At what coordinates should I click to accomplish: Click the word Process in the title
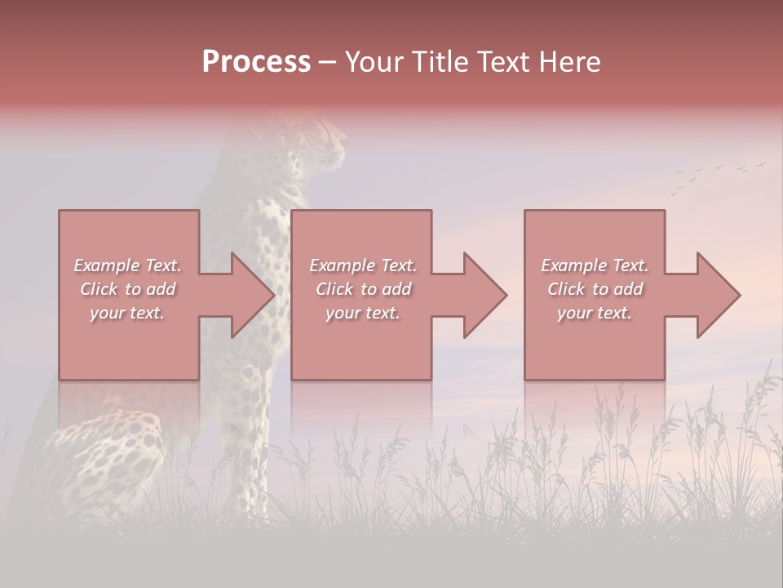256,62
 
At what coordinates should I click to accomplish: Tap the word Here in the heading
568,62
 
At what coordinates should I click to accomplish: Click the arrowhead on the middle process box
484,295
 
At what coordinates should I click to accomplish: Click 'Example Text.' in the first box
127,265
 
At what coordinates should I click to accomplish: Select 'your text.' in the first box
127,313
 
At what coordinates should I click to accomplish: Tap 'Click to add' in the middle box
363,289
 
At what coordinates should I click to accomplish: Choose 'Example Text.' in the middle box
363,265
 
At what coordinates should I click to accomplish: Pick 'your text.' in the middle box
363,313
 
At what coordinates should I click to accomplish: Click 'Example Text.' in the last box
595,265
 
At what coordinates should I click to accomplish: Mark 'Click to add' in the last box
595,289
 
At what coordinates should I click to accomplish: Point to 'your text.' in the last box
595,313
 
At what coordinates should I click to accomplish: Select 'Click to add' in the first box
127,289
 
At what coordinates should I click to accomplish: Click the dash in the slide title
328,63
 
